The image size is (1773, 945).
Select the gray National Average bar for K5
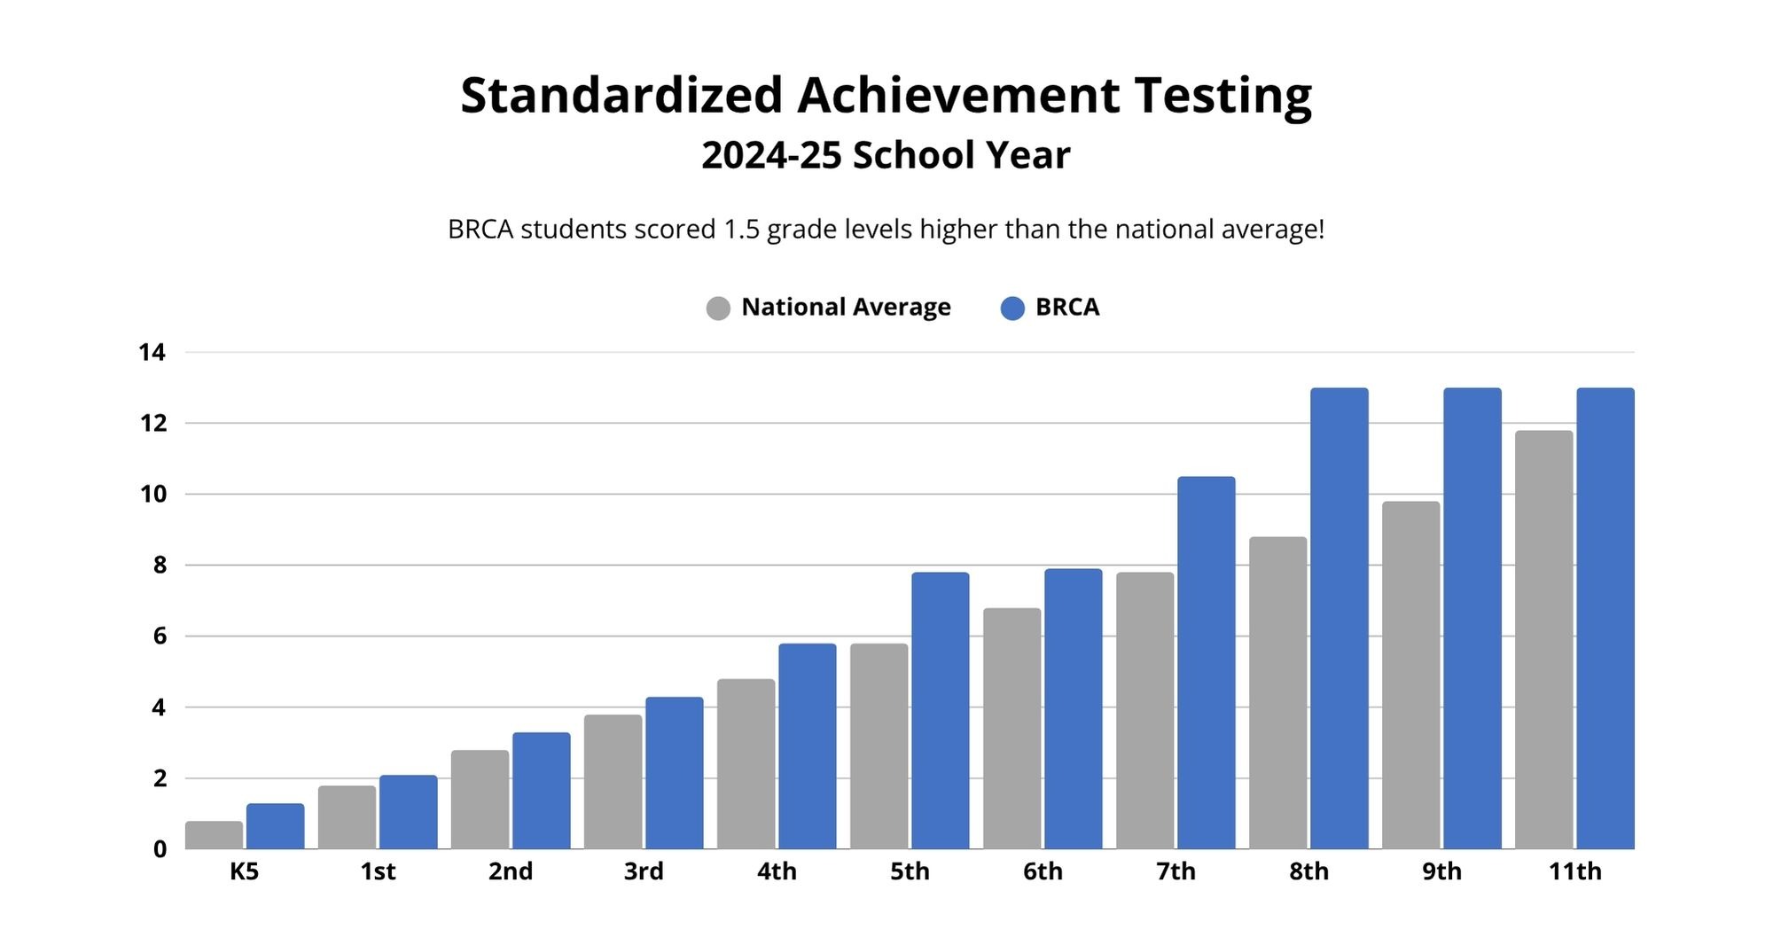coord(214,835)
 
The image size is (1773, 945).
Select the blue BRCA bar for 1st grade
coord(408,812)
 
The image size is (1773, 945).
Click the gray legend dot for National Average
coord(718,308)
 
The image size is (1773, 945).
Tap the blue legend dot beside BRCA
coord(1012,308)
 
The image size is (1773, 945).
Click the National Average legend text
coord(846,308)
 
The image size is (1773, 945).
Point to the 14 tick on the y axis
coord(152,353)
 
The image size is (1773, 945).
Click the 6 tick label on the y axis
coord(160,637)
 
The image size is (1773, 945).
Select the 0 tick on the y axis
coord(160,849)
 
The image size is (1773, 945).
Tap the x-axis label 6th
coord(1043,871)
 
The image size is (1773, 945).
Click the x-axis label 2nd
coord(511,871)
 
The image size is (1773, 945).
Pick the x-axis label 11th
coord(1574,871)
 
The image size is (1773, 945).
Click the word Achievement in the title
coord(957,96)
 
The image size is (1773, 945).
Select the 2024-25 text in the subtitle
coord(770,155)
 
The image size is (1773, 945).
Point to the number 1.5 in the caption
coord(741,230)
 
